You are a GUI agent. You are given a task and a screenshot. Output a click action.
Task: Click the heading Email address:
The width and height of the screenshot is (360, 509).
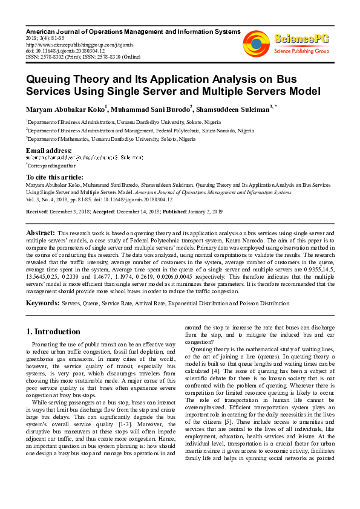coord(48,150)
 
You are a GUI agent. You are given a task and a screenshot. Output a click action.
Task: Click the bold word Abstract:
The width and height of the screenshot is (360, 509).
coord(41,232)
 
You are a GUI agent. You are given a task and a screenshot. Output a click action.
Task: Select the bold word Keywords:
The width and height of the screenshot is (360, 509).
coord(44,302)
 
